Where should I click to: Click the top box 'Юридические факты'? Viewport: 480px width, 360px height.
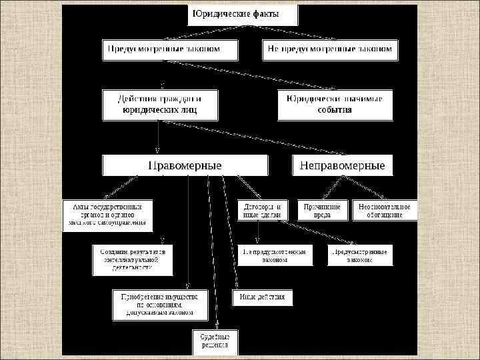pos(243,15)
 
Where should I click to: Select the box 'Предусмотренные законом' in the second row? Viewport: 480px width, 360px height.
pos(171,50)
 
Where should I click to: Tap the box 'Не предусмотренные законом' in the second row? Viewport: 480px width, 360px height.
pos(329,50)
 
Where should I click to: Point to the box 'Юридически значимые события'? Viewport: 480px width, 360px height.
pos(335,104)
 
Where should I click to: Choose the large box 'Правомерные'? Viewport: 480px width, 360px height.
pos(185,165)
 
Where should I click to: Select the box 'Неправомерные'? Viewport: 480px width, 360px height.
pos(343,165)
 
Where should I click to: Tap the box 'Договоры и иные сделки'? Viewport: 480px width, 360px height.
pos(262,211)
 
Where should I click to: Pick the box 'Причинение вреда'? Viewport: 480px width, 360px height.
pos(323,211)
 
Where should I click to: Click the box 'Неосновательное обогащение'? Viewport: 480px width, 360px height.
pos(385,211)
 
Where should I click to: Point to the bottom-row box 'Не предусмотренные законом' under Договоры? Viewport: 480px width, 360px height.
pos(274,255)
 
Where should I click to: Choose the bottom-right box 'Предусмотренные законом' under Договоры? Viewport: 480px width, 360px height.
pos(360,255)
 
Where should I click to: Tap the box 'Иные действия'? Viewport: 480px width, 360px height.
pos(262,297)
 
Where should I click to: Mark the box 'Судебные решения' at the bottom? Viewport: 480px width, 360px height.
pos(214,341)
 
